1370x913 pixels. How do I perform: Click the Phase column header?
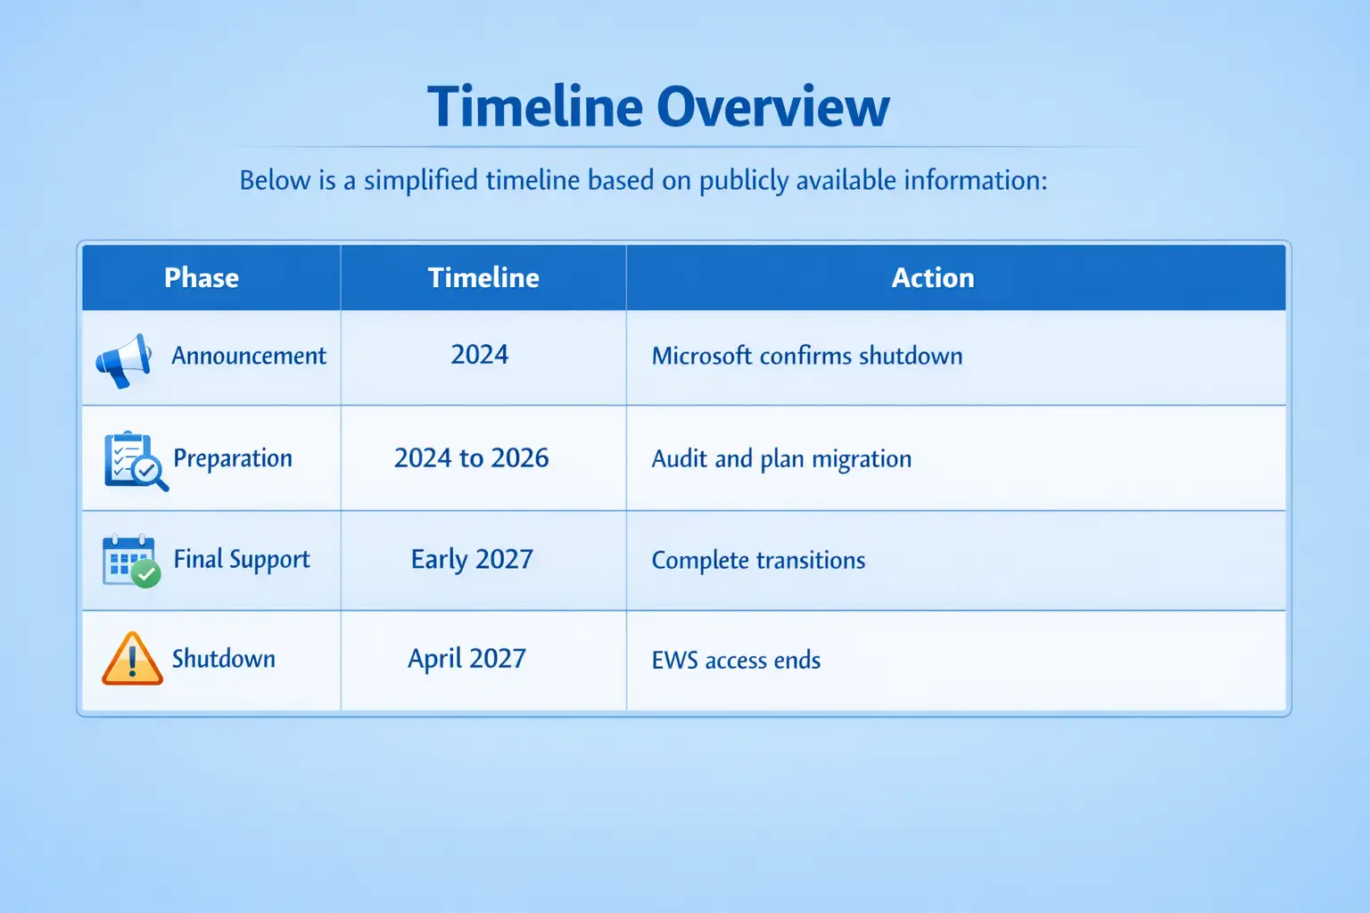point(202,277)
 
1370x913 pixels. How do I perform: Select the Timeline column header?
point(483,277)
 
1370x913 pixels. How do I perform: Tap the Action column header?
point(933,277)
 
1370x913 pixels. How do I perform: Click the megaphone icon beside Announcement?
point(124,360)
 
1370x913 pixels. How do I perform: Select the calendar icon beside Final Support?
point(131,561)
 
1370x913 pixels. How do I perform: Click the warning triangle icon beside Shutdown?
point(132,659)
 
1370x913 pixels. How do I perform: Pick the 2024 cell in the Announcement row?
point(480,355)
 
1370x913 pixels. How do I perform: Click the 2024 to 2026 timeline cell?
point(472,458)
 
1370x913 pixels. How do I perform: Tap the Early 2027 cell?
point(472,560)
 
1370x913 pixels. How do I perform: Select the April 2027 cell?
point(466,659)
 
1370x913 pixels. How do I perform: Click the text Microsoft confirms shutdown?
point(806,356)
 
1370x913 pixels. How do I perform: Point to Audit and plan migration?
point(781,459)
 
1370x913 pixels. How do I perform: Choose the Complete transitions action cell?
point(758,560)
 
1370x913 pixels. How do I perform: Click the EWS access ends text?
point(736,661)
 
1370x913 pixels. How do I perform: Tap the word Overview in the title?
point(773,106)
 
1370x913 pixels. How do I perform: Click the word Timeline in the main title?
point(535,106)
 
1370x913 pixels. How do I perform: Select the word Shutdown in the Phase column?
point(223,659)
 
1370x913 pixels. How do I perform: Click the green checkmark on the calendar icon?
point(146,573)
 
